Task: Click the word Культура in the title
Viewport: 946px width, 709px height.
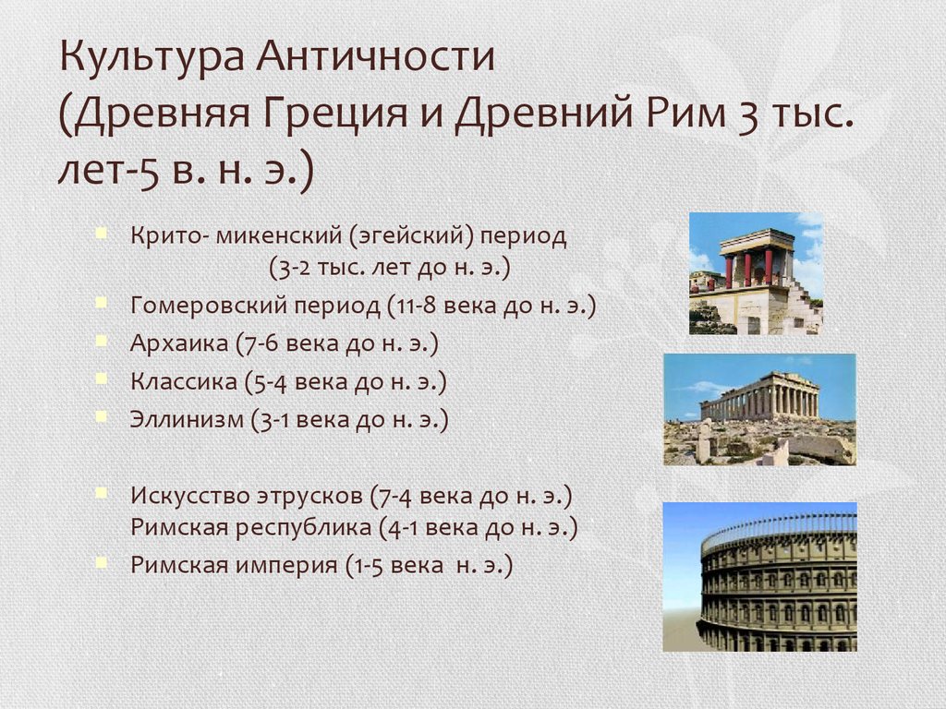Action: pyautogui.click(x=152, y=58)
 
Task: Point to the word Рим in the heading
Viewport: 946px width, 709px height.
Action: pyautogui.click(x=685, y=112)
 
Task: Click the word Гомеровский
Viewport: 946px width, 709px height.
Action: pyautogui.click(x=209, y=305)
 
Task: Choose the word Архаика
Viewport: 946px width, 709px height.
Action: pyautogui.click(x=179, y=343)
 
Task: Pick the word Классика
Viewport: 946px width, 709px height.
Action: pyautogui.click(x=184, y=381)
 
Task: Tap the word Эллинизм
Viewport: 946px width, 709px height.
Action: pyautogui.click(x=187, y=419)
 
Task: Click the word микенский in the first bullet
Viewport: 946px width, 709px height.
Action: pyautogui.click(x=278, y=235)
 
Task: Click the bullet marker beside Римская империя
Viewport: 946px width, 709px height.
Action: pyautogui.click(x=102, y=562)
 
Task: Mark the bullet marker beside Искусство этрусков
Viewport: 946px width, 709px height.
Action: pyautogui.click(x=102, y=493)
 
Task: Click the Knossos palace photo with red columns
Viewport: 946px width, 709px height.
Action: pyautogui.click(x=756, y=273)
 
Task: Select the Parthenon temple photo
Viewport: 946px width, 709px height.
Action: pyautogui.click(x=759, y=409)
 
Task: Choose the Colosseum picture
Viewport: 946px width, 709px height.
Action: pyautogui.click(x=759, y=577)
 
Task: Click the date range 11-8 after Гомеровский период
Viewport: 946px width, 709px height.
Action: pyautogui.click(x=414, y=306)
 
